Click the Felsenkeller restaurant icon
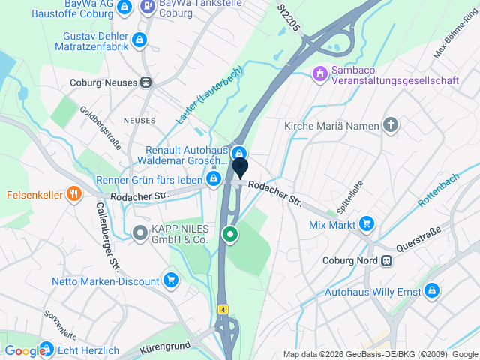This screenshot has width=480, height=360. (73, 193)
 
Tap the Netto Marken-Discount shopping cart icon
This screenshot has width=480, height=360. (172, 281)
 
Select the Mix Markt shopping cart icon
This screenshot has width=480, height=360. (366, 223)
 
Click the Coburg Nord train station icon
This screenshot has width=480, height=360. (386, 261)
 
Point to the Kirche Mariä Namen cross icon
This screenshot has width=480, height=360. (390, 125)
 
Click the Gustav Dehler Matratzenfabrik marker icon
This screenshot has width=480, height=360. (138, 39)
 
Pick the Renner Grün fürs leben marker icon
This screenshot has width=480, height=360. (214, 178)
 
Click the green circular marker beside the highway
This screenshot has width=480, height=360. (231, 235)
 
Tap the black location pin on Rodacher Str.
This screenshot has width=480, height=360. (240, 168)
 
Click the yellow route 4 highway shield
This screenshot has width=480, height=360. (223, 309)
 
